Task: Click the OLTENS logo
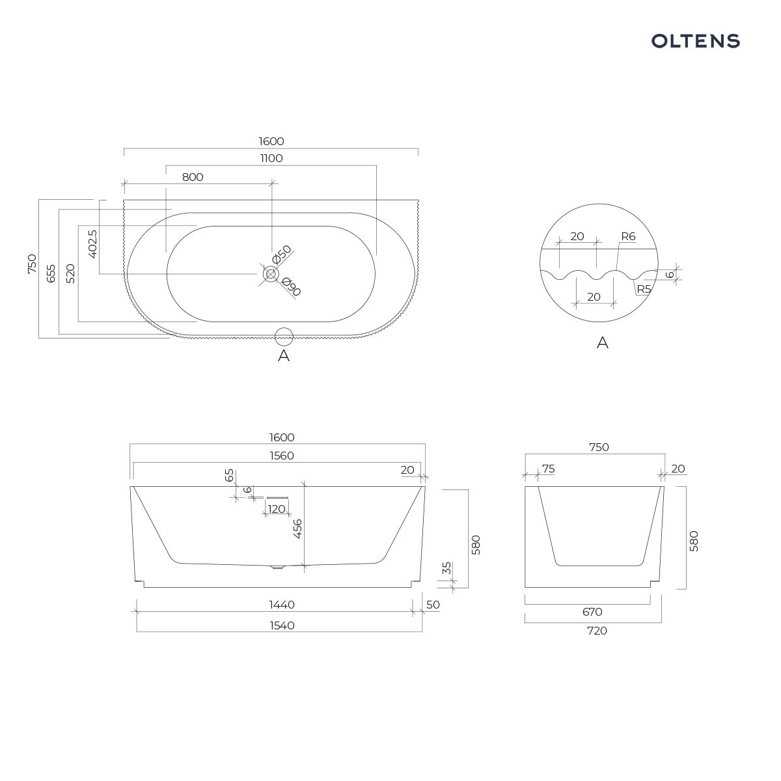[695, 42]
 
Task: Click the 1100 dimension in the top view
[271, 158]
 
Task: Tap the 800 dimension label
[193, 177]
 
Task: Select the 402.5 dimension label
[93, 244]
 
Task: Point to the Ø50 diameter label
[282, 254]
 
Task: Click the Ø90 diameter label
[291, 286]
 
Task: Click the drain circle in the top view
[270, 274]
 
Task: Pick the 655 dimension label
[51, 273]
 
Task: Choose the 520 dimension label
[70, 273]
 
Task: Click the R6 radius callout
[628, 236]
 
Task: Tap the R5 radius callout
[644, 290]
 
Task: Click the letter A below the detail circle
[602, 343]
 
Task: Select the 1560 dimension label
[282, 456]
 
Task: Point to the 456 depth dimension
[298, 529]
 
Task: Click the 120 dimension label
[277, 509]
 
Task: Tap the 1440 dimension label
[282, 605]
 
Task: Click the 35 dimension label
[446, 568]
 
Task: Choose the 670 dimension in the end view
[592, 612]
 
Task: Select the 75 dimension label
[549, 469]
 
